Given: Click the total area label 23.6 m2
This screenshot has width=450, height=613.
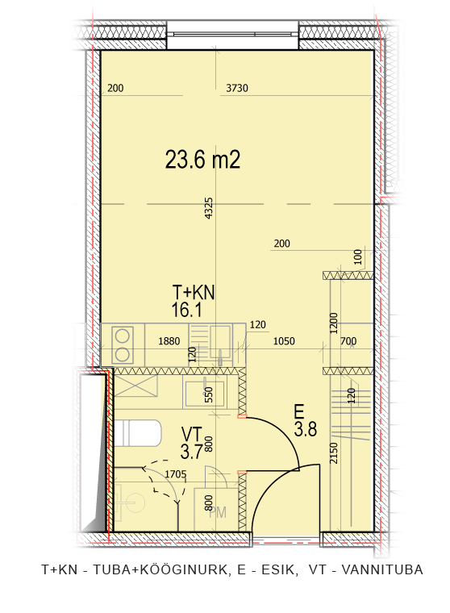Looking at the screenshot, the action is coord(202,160).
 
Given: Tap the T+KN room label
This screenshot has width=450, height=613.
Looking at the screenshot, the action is coord(193,293).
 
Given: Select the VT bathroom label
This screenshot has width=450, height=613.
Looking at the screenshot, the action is coord(192,434).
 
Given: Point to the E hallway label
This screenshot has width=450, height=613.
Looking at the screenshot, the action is coord(299,412).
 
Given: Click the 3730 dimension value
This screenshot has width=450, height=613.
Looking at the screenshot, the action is coord(237,88).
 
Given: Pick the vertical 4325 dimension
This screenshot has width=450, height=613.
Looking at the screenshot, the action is coord(209,208).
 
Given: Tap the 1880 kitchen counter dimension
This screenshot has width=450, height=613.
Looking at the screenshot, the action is coord(169,341).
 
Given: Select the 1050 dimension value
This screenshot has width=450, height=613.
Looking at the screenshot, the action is coord(284,341).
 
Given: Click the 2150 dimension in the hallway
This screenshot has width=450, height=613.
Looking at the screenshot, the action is coord(334,452).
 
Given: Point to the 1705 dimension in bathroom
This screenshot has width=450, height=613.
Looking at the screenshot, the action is coord(176,474).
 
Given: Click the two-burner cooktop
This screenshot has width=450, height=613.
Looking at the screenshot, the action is coord(123,345).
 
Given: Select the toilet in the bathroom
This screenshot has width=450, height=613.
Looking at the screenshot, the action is coord(137,432).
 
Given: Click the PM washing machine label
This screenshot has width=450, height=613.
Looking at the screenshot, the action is coord(218,512).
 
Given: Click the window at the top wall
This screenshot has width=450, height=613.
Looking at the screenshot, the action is coord(232,35).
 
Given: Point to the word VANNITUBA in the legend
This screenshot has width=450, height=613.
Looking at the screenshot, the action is coord(382,569).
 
